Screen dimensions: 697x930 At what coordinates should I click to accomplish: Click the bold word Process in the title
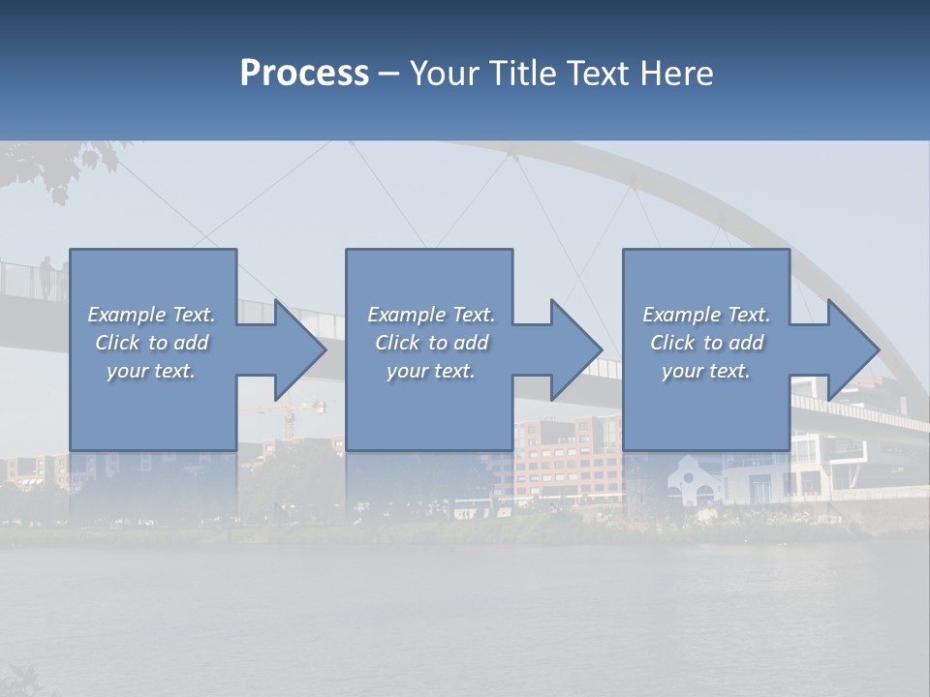pos(304,74)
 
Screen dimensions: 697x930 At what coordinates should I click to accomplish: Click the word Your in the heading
pos(447,74)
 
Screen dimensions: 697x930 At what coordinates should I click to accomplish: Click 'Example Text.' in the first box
pos(151,315)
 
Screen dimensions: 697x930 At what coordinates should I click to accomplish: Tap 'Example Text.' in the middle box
pos(430,315)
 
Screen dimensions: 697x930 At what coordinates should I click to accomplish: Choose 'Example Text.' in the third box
pos(706,315)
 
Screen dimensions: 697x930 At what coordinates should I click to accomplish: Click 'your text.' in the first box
pos(151,371)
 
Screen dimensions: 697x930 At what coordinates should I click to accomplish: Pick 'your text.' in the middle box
pos(430,371)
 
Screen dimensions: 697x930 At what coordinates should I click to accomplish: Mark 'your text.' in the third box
pos(706,371)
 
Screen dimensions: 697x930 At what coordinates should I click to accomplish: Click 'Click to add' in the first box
pos(151,343)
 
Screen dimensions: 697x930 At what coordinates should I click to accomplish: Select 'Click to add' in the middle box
pos(430,343)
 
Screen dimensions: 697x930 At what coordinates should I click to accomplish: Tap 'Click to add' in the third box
pos(706,343)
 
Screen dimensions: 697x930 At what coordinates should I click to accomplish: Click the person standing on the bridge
pos(46,277)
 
